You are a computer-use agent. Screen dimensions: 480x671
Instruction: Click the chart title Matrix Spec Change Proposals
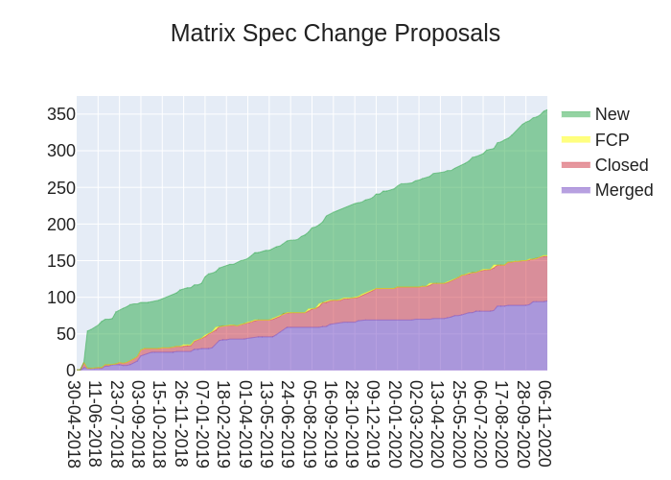335,34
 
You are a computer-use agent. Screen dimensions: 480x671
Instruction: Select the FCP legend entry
612,139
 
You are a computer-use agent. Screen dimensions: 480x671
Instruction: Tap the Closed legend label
621,164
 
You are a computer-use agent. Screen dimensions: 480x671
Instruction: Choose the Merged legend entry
623,189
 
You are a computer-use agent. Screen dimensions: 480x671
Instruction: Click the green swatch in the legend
576,114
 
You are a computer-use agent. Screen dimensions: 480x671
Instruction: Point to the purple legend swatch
576,189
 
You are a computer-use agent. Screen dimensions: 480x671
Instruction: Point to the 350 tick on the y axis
61,114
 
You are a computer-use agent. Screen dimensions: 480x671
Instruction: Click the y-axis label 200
61,224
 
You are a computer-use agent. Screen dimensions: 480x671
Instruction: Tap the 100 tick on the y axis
61,298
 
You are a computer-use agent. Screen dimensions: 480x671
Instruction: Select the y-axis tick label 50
65,334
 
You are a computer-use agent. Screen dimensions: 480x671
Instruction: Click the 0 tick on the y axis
70,371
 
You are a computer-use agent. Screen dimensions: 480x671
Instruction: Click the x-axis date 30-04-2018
74,423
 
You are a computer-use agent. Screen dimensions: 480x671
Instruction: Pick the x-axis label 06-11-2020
544,423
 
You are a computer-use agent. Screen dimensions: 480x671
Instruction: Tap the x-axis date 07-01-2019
202,423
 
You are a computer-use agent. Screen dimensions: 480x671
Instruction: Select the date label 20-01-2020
395,423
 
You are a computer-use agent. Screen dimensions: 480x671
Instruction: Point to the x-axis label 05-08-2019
309,423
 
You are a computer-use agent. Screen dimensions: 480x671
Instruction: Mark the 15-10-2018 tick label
159,423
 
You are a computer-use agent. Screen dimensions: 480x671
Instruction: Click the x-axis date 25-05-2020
459,423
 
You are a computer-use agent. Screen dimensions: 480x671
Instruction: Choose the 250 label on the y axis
61,187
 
